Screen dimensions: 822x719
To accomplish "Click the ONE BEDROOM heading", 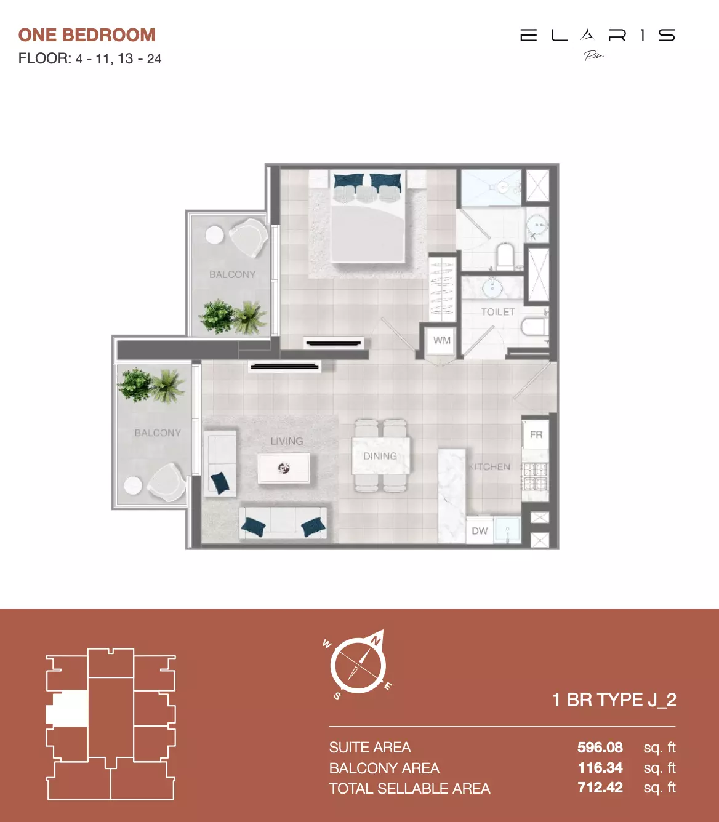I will [x=87, y=35].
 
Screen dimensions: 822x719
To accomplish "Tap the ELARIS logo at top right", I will [x=597, y=36].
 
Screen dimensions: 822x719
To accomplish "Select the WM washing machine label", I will [x=441, y=340].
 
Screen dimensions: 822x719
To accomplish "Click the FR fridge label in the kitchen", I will [x=536, y=434].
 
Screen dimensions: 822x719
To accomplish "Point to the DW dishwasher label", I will [x=480, y=531].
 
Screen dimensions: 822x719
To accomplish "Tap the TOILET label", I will [x=497, y=312].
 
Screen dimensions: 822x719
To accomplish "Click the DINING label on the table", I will [x=380, y=456].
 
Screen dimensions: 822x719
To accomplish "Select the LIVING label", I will [x=286, y=441].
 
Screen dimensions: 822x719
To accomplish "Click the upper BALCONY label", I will [x=232, y=274].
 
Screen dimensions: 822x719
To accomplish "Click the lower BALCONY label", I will [x=158, y=433].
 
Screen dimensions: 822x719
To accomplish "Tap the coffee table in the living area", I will [x=284, y=469].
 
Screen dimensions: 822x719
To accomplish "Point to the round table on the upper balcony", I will [x=214, y=235].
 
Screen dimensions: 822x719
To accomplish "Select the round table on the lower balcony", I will [x=133, y=485].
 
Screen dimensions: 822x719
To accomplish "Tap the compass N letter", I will [x=375, y=641].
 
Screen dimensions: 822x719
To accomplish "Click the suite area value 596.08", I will [x=600, y=748].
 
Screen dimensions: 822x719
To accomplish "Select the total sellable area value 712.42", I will [x=600, y=788].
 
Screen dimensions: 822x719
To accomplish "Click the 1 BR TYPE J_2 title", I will [x=614, y=700].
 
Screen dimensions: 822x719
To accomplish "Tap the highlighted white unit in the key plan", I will [x=68, y=708].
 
